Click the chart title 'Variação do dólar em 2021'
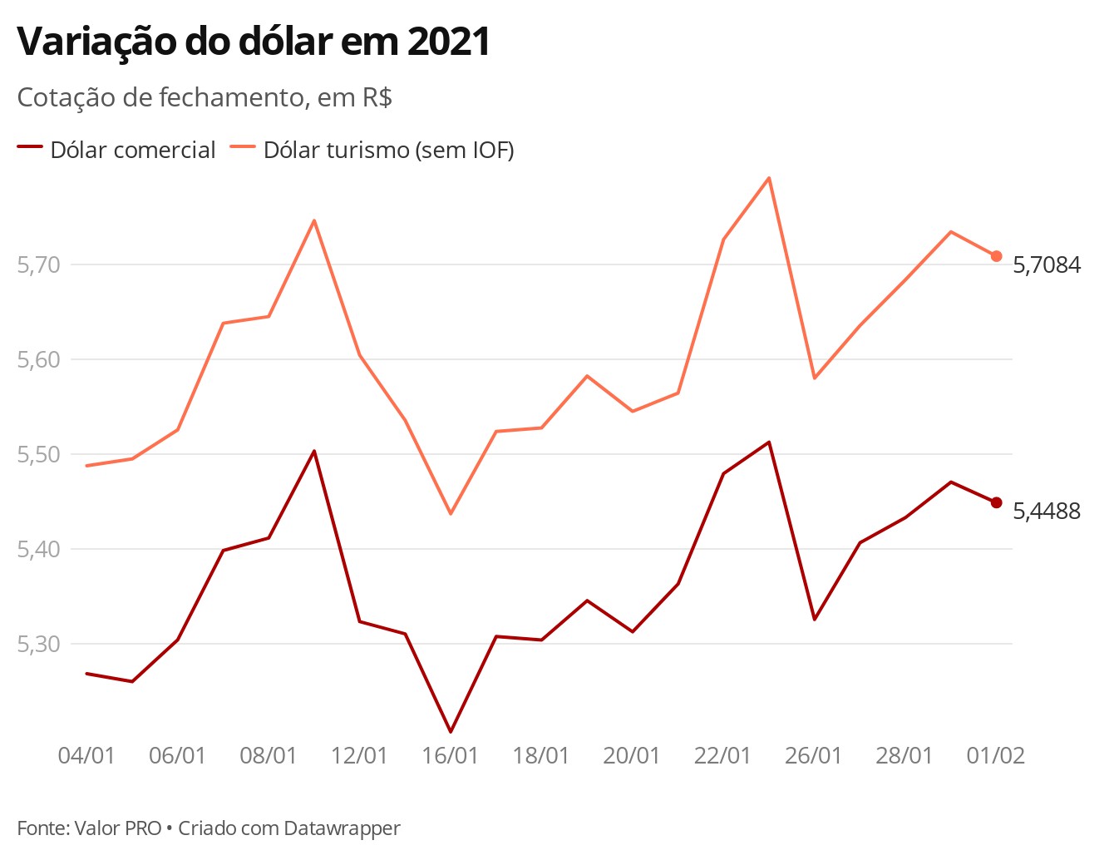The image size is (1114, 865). pyautogui.click(x=254, y=42)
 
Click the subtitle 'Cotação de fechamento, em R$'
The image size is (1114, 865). pyautogui.click(x=205, y=97)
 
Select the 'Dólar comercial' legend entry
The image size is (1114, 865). pyautogui.click(x=116, y=150)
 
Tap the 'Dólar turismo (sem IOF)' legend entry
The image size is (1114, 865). pyautogui.click(x=372, y=150)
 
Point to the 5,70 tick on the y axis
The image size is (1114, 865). pyautogui.click(x=38, y=265)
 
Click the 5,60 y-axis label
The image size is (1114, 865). pyautogui.click(x=38, y=360)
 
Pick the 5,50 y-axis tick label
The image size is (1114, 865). pyautogui.click(x=38, y=455)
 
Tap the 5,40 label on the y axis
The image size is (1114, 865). pyautogui.click(x=38, y=550)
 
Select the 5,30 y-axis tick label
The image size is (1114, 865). pyautogui.click(x=38, y=645)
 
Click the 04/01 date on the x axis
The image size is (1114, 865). pyautogui.click(x=86, y=756)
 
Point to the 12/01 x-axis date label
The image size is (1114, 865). pyautogui.click(x=359, y=756)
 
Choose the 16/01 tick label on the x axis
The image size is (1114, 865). pyautogui.click(x=450, y=756)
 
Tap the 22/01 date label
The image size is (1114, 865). pyautogui.click(x=722, y=756)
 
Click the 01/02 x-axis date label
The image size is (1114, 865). pyautogui.click(x=996, y=756)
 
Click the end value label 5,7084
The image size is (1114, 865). pyautogui.click(x=1047, y=265)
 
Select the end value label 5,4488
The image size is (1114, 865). pyautogui.click(x=1047, y=512)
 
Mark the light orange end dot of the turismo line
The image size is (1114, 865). pyautogui.click(x=996, y=256)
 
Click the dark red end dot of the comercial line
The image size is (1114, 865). pyautogui.click(x=996, y=502)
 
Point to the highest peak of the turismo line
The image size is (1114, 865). pyautogui.click(x=768, y=178)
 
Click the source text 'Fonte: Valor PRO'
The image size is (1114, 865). pyautogui.click(x=89, y=828)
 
